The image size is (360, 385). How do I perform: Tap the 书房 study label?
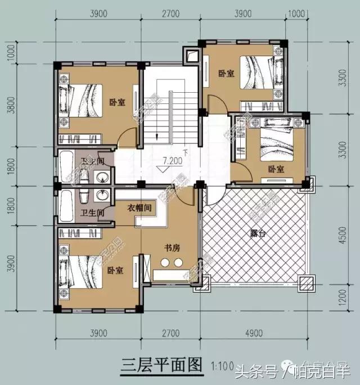tap(172, 247)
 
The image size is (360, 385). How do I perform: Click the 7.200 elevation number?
tap(172, 161)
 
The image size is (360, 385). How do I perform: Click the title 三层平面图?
tap(161, 365)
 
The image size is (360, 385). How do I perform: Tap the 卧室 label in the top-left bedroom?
tap(118, 102)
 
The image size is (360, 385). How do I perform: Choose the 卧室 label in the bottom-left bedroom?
tap(115, 270)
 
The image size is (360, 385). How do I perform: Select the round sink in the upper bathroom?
tap(102, 179)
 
